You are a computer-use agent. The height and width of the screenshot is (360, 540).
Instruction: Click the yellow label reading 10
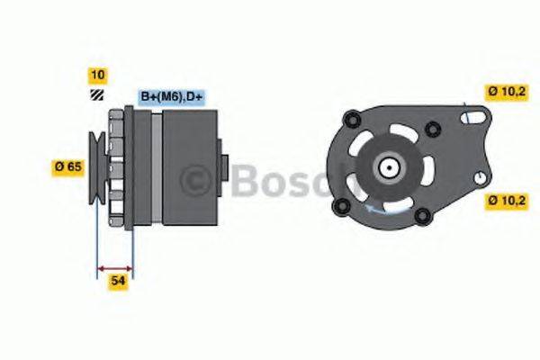point(97,74)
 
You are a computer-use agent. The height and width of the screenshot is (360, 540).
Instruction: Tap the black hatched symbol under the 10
point(97,93)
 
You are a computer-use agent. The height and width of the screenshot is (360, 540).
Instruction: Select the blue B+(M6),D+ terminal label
point(171,96)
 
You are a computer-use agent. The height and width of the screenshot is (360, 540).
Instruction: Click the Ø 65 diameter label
point(69,166)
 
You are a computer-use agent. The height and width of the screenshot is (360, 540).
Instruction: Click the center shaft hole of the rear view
point(390,167)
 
